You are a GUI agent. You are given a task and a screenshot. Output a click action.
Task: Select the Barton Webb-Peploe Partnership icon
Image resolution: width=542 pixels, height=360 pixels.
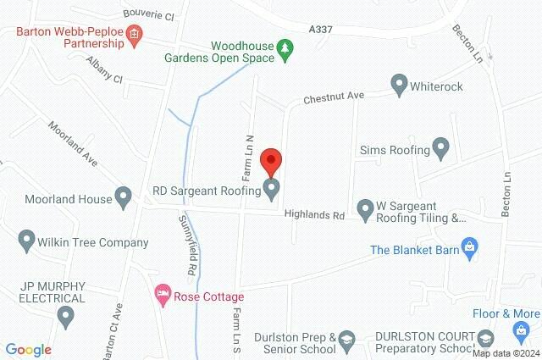(134, 34)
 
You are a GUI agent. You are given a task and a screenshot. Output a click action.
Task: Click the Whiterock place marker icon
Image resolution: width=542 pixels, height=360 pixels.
(399, 85)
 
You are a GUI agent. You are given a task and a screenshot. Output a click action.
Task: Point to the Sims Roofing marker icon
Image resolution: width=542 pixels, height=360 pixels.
(440, 149)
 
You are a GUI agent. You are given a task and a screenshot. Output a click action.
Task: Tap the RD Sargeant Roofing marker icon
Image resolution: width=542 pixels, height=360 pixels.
(271, 190)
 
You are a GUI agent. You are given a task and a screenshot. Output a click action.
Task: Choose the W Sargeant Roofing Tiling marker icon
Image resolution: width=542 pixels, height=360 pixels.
(365, 208)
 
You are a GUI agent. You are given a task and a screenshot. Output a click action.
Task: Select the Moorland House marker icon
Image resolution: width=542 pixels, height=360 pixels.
(124, 199)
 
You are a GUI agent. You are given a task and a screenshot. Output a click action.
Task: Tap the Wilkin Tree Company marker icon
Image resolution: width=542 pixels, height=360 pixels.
(25, 241)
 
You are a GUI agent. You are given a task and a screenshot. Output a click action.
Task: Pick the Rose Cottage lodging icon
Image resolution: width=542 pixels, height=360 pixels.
(162, 296)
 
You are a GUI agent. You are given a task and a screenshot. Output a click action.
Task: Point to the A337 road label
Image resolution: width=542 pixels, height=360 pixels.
(321, 29)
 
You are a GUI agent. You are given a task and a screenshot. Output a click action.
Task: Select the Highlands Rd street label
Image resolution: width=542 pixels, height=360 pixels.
(314, 216)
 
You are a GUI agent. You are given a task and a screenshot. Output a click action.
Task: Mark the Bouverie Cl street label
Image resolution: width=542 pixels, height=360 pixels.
(147, 16)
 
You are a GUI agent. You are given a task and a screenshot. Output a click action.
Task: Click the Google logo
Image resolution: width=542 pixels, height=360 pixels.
(29, 350)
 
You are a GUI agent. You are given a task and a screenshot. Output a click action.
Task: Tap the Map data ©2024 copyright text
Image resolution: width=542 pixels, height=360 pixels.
(505, 353)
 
